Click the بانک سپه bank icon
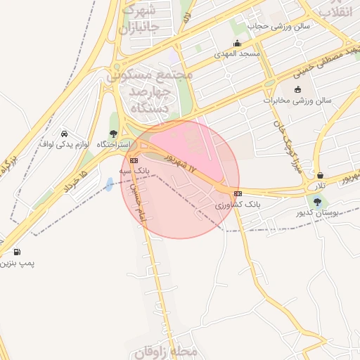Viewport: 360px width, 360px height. pos(134,160)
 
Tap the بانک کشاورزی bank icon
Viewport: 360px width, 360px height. pos(238,193)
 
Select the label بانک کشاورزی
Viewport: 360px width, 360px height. pos(238,204)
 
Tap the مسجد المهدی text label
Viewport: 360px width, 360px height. pos(240,53)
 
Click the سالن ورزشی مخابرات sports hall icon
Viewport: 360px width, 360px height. pos(297,89)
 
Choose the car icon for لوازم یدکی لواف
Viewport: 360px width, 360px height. pos(64,134)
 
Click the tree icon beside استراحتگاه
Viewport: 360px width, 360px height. pos(114,134)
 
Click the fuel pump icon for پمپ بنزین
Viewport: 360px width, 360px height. pos(17,252)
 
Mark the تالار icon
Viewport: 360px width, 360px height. pos(321,175)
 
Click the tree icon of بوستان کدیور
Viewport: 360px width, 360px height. pos(318,201)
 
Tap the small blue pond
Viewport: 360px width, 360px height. pos(110,184)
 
